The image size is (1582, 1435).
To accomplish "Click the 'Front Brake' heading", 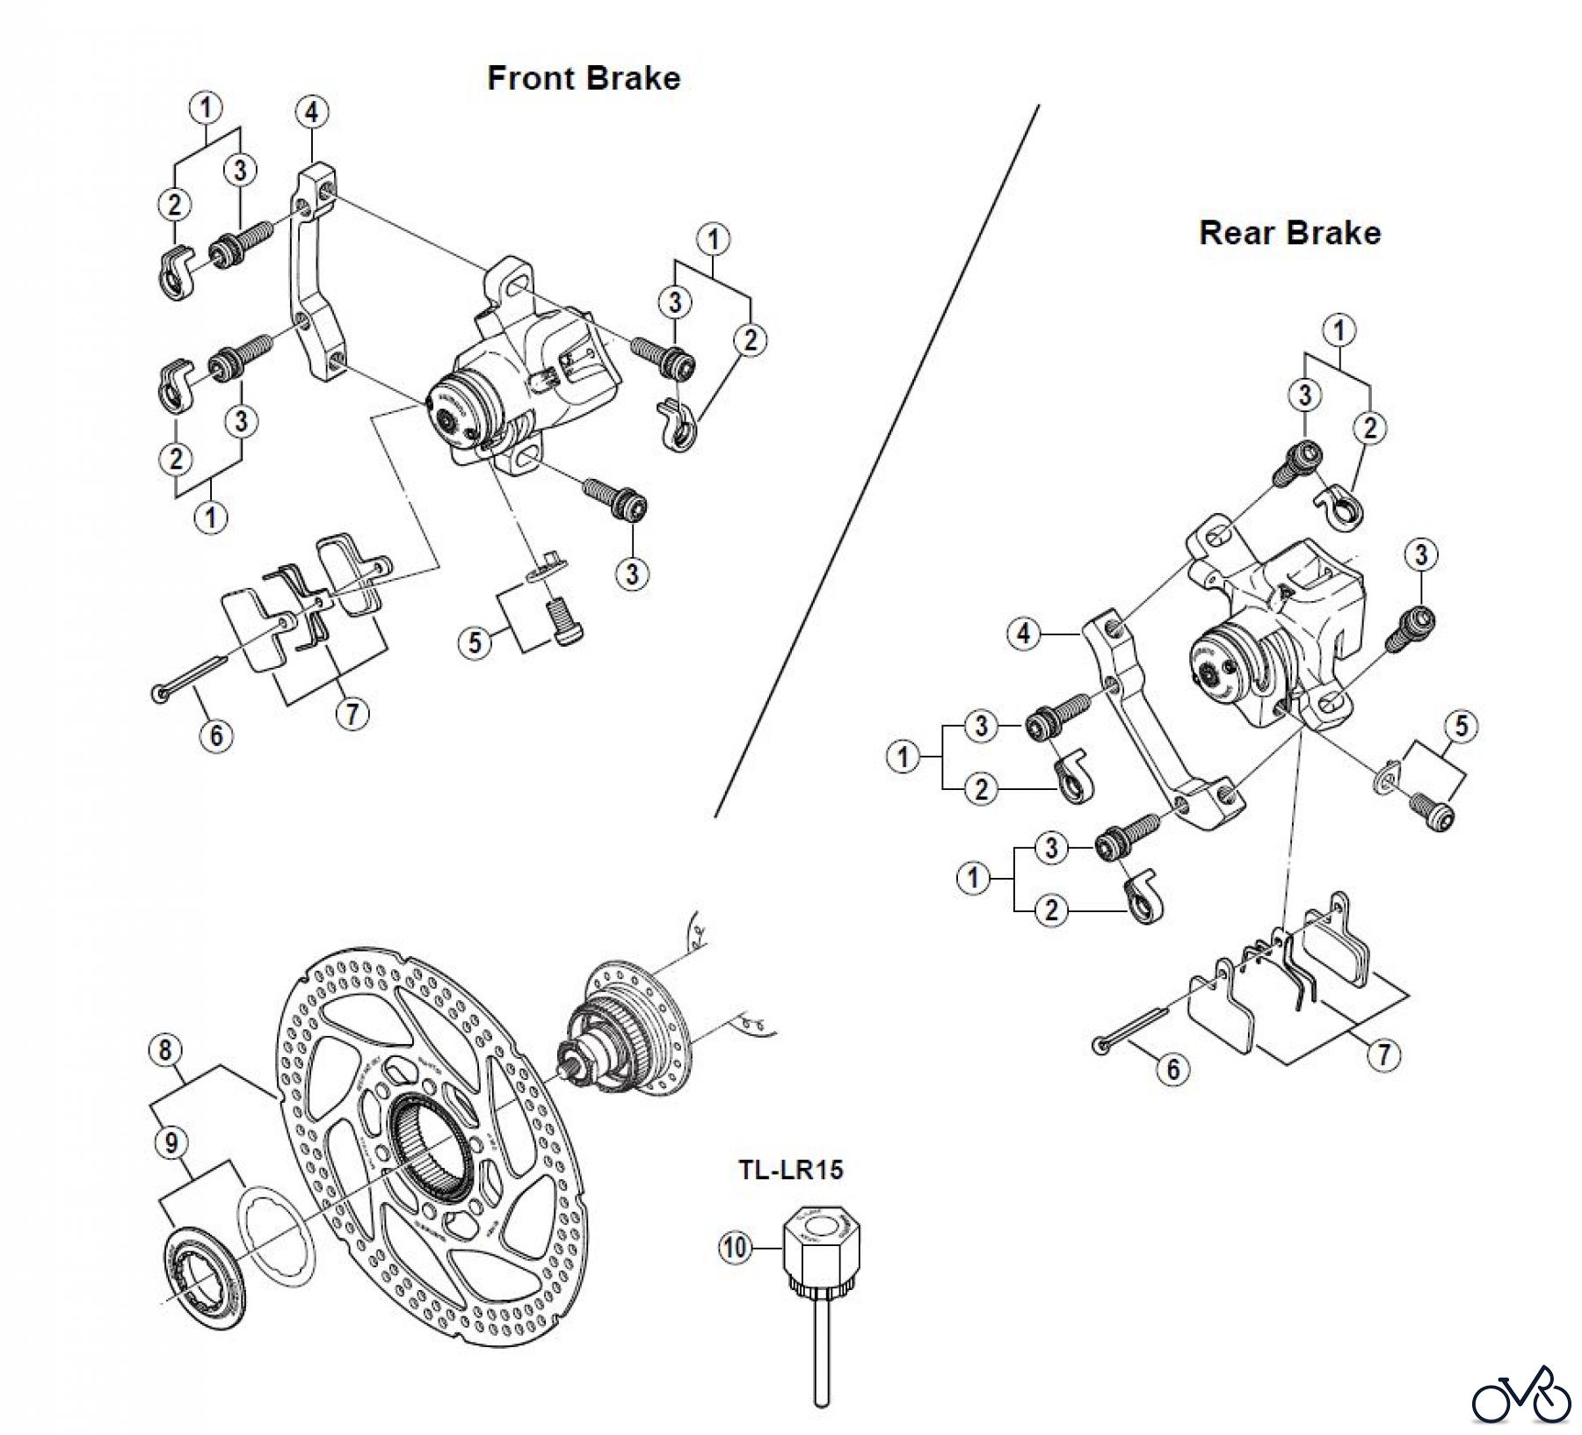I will pos(584,78).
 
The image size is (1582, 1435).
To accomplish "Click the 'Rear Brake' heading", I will pos(1289,233).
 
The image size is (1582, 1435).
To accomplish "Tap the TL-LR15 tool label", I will pos(790,1169).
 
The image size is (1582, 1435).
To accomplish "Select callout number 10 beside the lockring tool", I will pos(736,1247).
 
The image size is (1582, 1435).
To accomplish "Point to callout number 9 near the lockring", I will pos(171,1142).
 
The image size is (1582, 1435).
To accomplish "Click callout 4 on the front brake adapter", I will pos(312,112).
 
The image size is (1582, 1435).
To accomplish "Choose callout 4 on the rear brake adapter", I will pos(1023,634).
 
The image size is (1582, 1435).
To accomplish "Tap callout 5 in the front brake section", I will pos(475,642).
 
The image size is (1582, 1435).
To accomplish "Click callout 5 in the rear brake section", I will pos(1461,726).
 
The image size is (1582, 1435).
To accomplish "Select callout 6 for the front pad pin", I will pos(216,734).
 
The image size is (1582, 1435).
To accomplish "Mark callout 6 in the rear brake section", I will pos(1172,1069).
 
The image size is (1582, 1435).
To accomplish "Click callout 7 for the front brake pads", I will pos(352,713).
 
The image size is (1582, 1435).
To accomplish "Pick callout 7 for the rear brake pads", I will pos(1384,1055).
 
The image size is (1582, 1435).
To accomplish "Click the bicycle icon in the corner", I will pos(1521,1393).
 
